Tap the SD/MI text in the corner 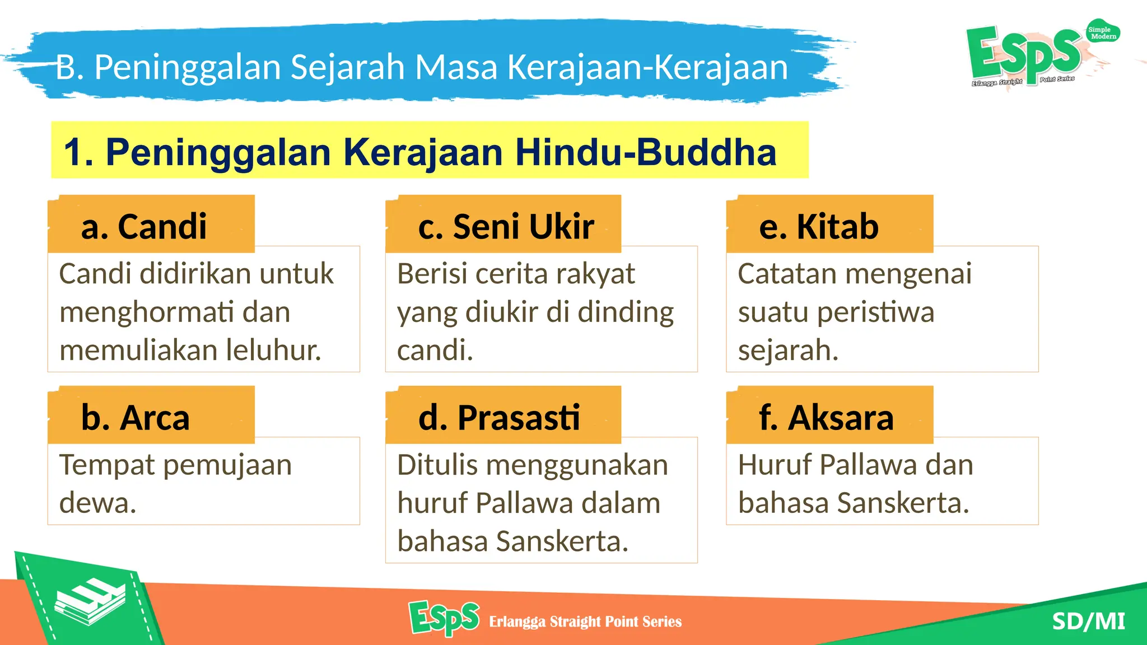(1088, 621)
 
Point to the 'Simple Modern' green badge (1102, 33)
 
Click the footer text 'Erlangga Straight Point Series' (585, 621)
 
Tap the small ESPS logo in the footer (444, 618)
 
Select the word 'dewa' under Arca (97, 502)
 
